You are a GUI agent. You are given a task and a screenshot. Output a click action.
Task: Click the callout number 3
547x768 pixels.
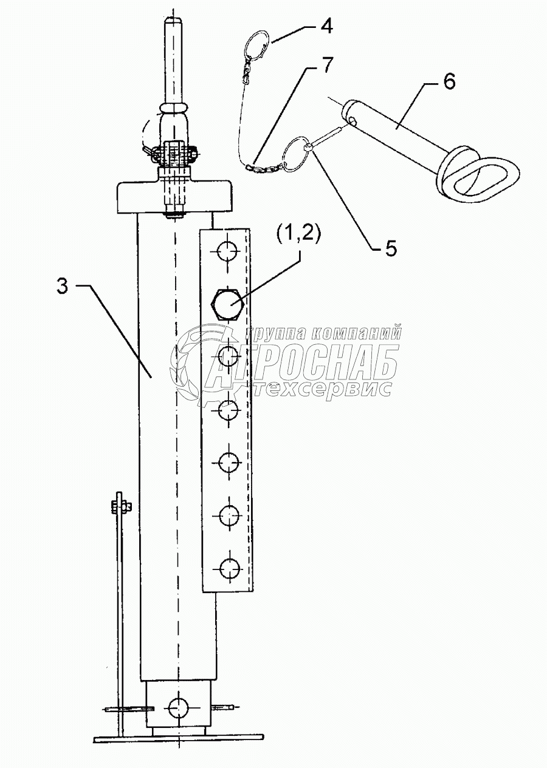[x=62, y=286]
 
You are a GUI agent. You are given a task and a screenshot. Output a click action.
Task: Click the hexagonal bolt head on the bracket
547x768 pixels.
[x=227, y=302]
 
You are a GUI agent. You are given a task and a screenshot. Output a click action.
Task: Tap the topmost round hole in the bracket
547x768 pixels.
[x=227, y=251]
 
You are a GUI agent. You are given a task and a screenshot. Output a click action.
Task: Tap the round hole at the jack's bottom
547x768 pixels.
[x=179, y=707]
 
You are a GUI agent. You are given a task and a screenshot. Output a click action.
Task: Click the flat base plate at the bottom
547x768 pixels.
[x=178, y=738]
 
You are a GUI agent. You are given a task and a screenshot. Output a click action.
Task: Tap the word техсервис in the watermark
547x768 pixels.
[x=322, y=389]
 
